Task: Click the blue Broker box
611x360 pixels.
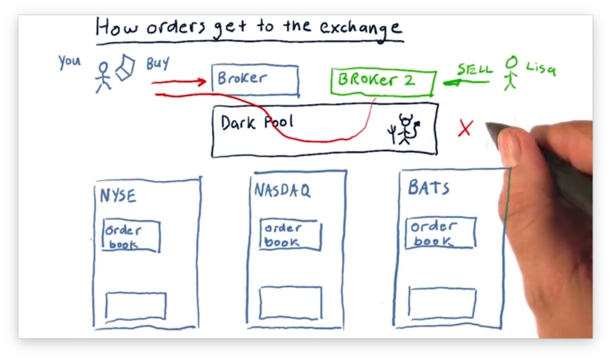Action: tap(255, 80)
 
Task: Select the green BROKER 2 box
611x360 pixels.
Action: tap(382, 82)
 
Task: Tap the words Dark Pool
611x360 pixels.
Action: tap(257, 122)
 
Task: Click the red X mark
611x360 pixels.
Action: tap(465, 128)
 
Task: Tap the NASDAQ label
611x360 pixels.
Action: tap(282, 192)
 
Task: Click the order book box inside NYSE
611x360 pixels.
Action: tap(131, 236)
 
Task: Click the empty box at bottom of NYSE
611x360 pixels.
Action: tap(136, 306)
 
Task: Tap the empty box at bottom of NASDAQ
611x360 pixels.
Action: tap(290, 303)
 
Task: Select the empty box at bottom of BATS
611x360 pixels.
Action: tap(441, 302)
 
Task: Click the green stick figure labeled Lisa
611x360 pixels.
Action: tap(510, 73)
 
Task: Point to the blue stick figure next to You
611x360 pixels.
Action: tap(102, 76)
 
